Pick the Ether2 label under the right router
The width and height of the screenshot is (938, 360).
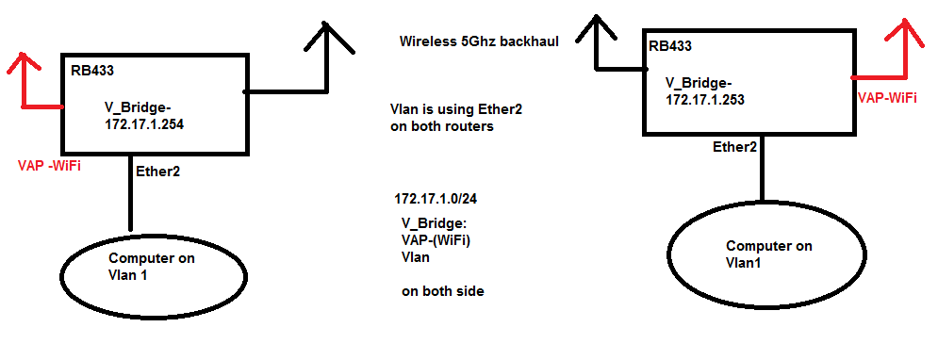735,147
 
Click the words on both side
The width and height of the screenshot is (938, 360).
442,291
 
